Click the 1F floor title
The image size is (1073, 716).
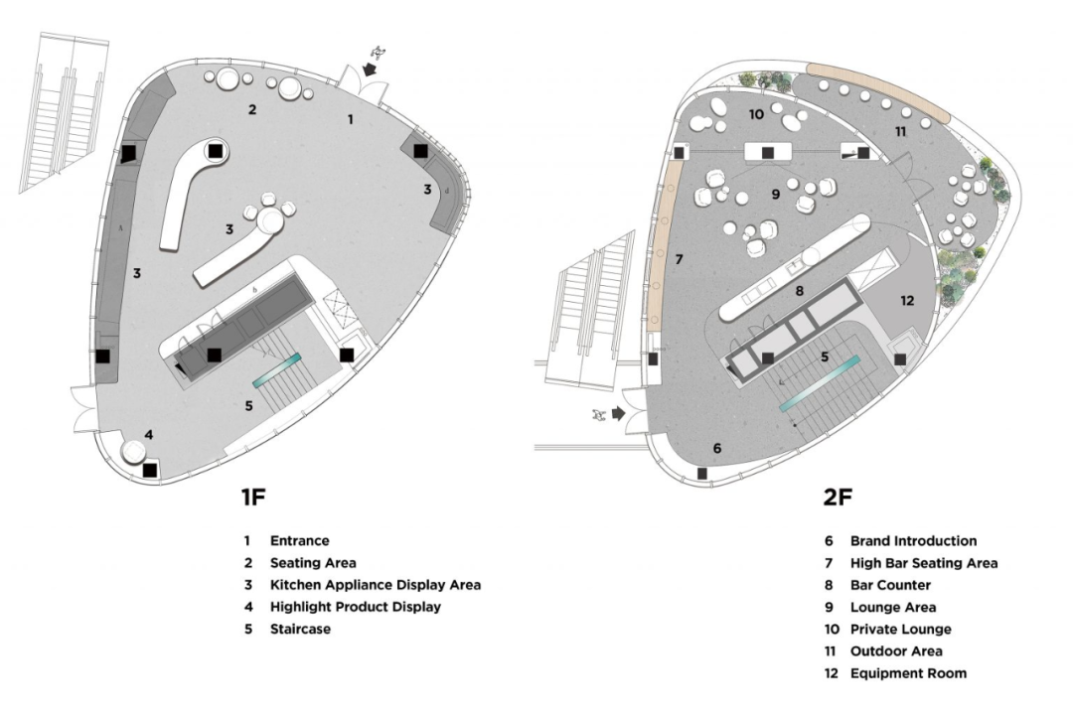click(252, 497)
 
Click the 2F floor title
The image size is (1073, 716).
click(838, 497)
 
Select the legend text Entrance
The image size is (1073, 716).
click(299, 541)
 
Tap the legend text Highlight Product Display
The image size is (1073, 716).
click(355, 607)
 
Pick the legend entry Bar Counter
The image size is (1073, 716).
click(890, 585)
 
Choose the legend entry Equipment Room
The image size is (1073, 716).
click(908, 673)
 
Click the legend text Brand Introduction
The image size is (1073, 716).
click(913, 541)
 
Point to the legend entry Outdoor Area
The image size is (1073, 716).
click(896, 651)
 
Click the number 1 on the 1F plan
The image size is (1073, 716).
click(350, 119)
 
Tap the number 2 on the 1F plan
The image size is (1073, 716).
click(252, 109)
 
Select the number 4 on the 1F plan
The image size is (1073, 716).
click(148, 434)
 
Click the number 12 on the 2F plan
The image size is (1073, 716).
click(907, 301)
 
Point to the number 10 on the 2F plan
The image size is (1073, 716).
click(756, 114)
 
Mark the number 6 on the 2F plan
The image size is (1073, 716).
click(717, 449)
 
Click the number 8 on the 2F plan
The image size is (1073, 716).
click(799, 292)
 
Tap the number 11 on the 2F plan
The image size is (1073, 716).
click(900, 131)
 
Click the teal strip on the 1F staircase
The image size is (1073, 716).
click(277, 368)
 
